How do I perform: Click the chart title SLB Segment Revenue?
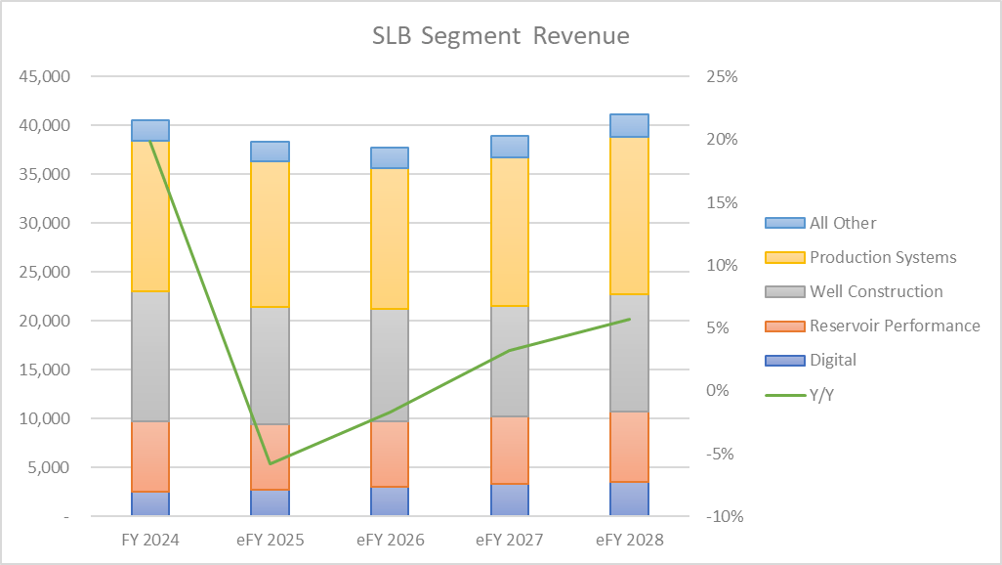click(500, 36)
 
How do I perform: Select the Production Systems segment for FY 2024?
click(150, 216)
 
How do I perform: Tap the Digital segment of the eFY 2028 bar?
click(630, 499)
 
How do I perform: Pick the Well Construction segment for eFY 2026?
click(390, 365)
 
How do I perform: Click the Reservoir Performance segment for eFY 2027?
click(510, 450)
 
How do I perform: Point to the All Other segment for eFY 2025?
click(270, 152)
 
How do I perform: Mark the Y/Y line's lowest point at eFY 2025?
click(271, 463)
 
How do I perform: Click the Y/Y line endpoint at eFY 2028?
click(630, 320)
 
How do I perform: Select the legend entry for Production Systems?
click(860, 257)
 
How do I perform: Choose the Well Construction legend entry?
click(854, 291)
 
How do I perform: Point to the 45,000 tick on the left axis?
click(45, 77)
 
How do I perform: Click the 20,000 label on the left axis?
click(45, 322)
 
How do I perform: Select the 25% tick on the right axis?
click(722, 77)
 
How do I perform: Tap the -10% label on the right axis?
click(725, 516)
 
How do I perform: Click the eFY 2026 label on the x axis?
click(391, 540)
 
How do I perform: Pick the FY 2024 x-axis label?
click(150, 540)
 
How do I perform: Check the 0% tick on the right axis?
click(718, 390)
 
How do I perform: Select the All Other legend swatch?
click(785, 223)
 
